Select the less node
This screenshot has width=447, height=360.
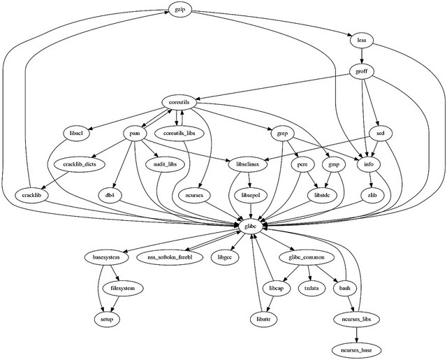click(x=361, y=41)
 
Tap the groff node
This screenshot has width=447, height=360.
click(x=361, y=71)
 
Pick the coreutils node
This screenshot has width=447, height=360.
click(x=180, y=102)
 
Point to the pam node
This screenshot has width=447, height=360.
click(x=136, y=133)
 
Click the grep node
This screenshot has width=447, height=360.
click(x=282, y=133)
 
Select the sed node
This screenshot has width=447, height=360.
click(x=380, y=133)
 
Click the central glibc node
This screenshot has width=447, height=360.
click(x=249, y=226)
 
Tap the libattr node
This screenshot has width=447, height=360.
click(x=258, y=318)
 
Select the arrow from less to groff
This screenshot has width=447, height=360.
click(x=361, y=57)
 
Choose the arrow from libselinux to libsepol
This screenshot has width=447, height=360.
click(x=248, y=179)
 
